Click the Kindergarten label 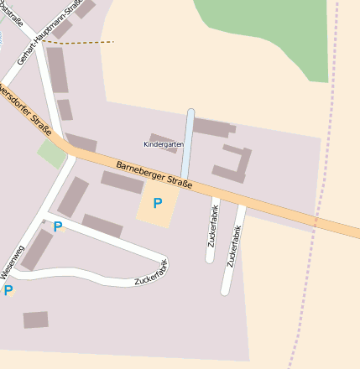pyautogui.click(x=163, y=144)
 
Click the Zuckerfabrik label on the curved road pyautogui.click(x=151, y=275)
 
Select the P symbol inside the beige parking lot pyautogui.click(x=157, y=202)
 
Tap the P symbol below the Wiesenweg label pyautogui.click(x=8, y=290)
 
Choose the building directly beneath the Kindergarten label pyautogui.click(x=163, y=142)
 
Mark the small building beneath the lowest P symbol pyautogui.click(x=35, y=320)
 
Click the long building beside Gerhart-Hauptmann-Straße pyautogui.click(x=57, y=69)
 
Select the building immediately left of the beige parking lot pyautogui.click(x=122, y=182)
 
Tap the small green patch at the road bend pyautogui.click(x=51, y=153)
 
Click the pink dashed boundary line pyautogui.click(x=319, y=184)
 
